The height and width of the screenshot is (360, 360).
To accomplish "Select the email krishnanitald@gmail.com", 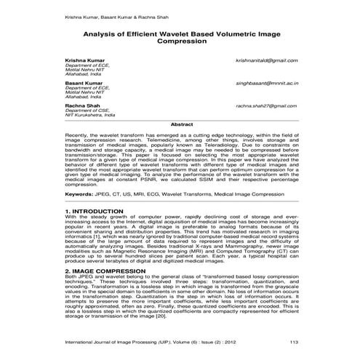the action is point(267,60).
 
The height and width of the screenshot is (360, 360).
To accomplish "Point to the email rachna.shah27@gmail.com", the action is point(266,106).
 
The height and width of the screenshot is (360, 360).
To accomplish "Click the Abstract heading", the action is point(180,125).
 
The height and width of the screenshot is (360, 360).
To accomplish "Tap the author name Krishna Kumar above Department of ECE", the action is point(83,60).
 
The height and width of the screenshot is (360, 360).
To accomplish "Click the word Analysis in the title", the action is point(99,33).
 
